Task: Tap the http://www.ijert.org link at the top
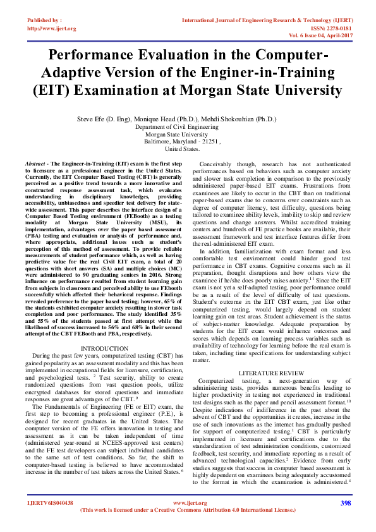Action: click(52, 28)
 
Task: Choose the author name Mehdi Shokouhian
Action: click(243, 119)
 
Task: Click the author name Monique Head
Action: click(183, 119)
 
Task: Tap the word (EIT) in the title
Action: click(54, 89)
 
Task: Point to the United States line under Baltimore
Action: click(182, 149)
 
